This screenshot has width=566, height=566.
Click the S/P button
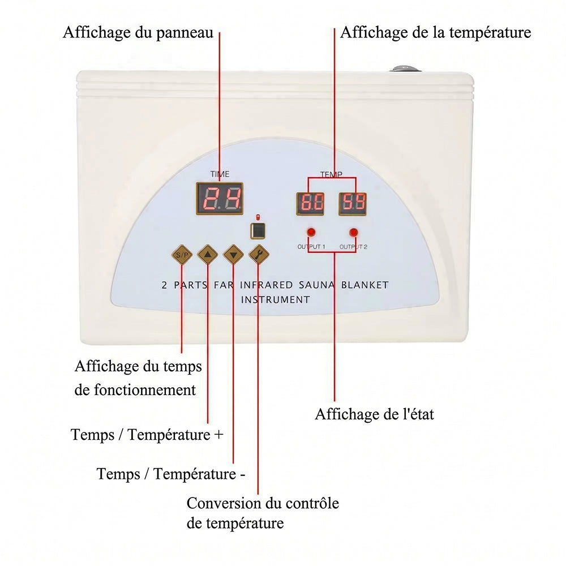click(x=182, y=255)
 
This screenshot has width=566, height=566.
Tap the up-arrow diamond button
click(x=208, y=255)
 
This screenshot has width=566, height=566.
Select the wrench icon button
click(x=259, y=255)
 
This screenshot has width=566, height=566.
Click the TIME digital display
click(x=220, y=199)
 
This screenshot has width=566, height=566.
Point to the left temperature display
click(x=310, y=204)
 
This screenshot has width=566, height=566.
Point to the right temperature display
click(x=353, y=204)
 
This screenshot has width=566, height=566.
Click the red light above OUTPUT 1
click(x=311, y=232)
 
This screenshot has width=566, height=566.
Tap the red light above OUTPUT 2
click(x=354, y=232)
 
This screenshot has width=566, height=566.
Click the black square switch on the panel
click(x=258, y=231)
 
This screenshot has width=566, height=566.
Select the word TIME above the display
click(x=220, y=174)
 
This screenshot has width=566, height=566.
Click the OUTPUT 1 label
click(x=311, y=247)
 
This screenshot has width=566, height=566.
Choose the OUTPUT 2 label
click(x=353, y=247)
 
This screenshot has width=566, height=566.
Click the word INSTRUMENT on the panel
click(x=276, y=299)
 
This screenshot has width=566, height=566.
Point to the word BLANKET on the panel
click(x=365, y=285)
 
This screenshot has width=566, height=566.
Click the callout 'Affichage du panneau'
click(x=138, y=32)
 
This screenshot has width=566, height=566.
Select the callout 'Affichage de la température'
click(x=436, y=32)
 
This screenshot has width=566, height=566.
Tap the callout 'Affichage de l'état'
click(x=374, y=414)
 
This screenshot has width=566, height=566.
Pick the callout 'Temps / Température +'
click(x=147, y=435)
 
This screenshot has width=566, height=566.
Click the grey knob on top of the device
click(x=405, y=68)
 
